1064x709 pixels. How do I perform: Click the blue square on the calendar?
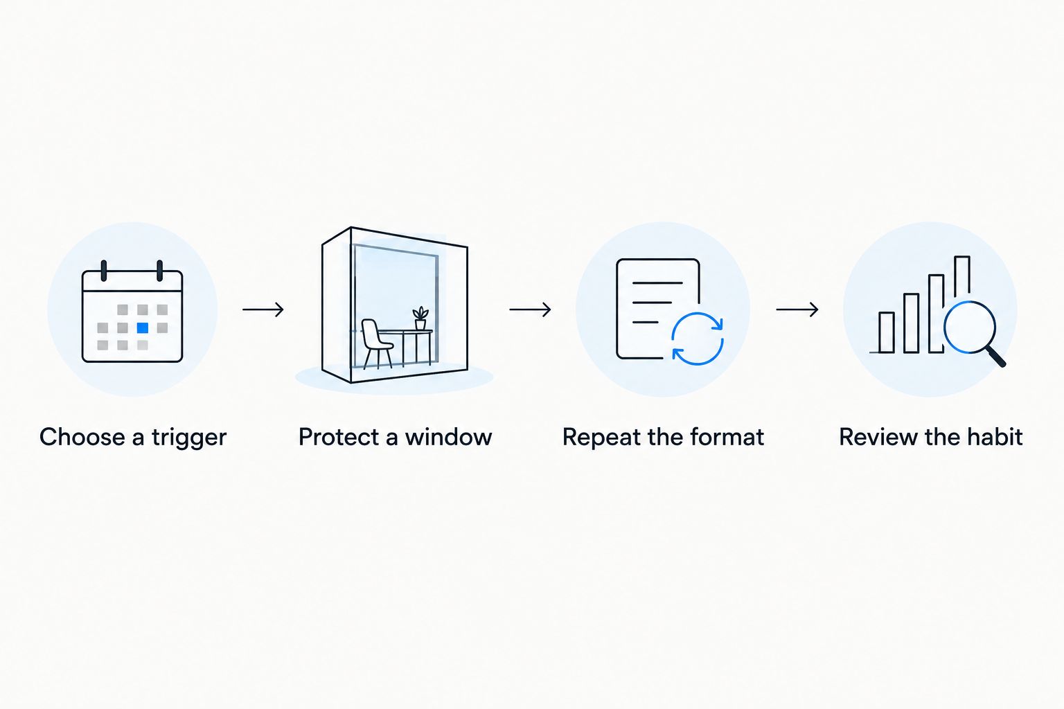point(143,327)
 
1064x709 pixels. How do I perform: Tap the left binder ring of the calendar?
point(103,271)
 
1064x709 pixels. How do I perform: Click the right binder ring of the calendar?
point(159,271)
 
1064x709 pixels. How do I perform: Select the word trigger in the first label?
point(189,438)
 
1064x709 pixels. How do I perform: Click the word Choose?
point(82,437)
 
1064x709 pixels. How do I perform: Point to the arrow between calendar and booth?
point(263,309)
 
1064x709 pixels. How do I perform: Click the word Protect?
point(342,437)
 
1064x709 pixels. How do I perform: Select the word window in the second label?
point(448,437)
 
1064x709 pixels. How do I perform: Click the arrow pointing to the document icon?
point(530,309)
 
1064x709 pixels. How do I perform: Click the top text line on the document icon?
point(657,283)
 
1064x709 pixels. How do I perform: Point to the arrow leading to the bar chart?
point(797,309)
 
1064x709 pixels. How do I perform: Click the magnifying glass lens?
point(970,327)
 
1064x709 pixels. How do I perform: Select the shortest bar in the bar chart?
point(887,332)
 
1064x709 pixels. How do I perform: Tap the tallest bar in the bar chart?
point(962,278)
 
